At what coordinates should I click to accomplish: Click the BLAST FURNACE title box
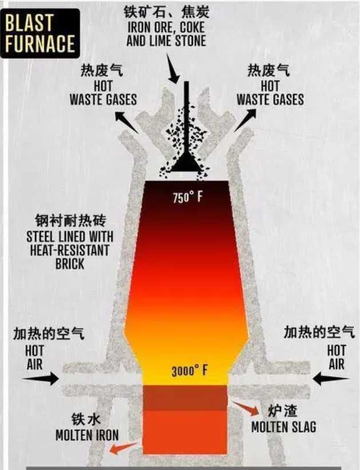(x=40, y=33)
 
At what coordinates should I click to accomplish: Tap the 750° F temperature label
(x=188, y=197)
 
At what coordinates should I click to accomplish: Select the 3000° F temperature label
(x=189, y=371)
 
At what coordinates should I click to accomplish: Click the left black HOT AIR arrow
(x=41, y=379)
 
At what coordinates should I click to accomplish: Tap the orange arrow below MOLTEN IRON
(x=124, y=448)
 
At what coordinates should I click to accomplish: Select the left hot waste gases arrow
(x=126, y=122)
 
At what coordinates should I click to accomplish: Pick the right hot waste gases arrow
(x=245, y=120)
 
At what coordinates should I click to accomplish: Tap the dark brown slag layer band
(x=185, y=398)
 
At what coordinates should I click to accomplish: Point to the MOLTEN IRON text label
(x=88, y=435)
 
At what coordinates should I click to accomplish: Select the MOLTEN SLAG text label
(x=283, y=427)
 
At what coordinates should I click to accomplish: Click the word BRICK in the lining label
(x=70, y=264)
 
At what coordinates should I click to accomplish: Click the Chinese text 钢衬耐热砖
(x=70, y=221)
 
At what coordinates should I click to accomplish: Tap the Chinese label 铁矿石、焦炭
(x=167, y=12)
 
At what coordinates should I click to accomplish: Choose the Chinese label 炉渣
(x=282, y=411)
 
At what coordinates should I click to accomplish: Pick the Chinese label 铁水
(x=86, y=419)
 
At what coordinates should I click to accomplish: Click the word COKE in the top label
(x=192, y=27)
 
